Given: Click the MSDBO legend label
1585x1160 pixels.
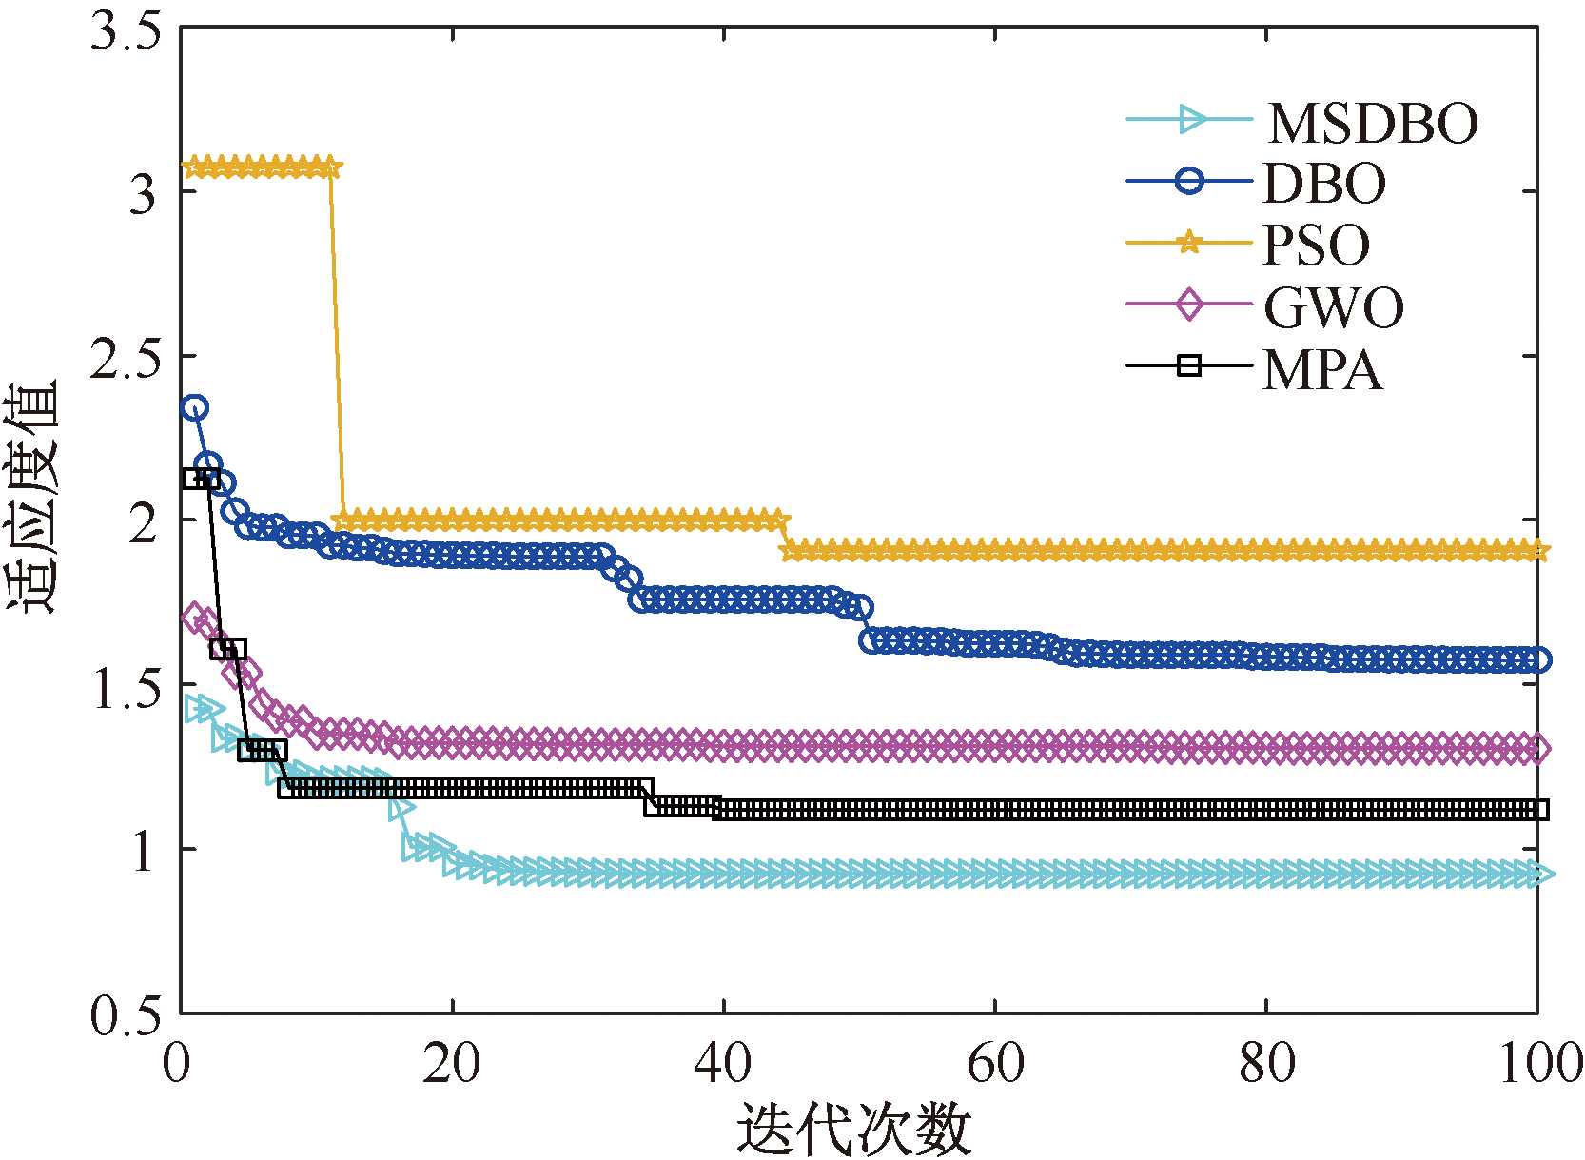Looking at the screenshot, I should tap(1373, 123).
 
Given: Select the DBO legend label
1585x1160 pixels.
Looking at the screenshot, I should tap(1324, 183).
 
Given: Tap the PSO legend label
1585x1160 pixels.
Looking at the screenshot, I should tap(1316, 245).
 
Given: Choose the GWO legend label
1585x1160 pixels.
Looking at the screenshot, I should tap(1334, 306).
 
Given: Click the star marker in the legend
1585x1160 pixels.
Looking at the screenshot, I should tap(1189, 243).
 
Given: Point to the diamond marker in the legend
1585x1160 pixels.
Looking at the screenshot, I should tap(1189, 305).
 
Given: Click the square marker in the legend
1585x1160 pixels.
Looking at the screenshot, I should tap(1189, 365).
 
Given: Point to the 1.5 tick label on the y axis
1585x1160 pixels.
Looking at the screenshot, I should tap(125, 687).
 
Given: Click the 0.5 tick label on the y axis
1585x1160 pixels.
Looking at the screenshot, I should tap(125, 1015).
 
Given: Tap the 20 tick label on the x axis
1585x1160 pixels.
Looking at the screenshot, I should tap(452, 1063).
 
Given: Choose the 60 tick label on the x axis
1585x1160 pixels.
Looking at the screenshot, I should tap(995, 1063).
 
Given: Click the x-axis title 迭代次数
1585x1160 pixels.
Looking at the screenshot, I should tap(853, 1130).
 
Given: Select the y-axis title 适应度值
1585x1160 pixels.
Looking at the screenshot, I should tap(32, 497).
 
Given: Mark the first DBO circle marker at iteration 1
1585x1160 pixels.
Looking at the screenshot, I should tap(195, 408).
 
